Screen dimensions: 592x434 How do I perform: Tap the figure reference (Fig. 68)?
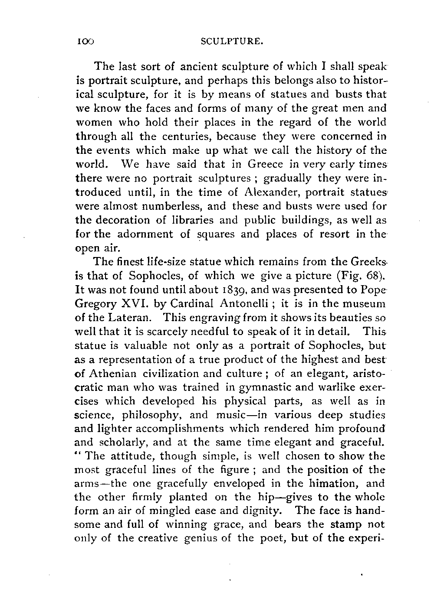(x=362, y=276)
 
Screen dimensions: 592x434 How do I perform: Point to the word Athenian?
(x=112, y=373)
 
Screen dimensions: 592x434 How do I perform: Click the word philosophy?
(x=150, y=415)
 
